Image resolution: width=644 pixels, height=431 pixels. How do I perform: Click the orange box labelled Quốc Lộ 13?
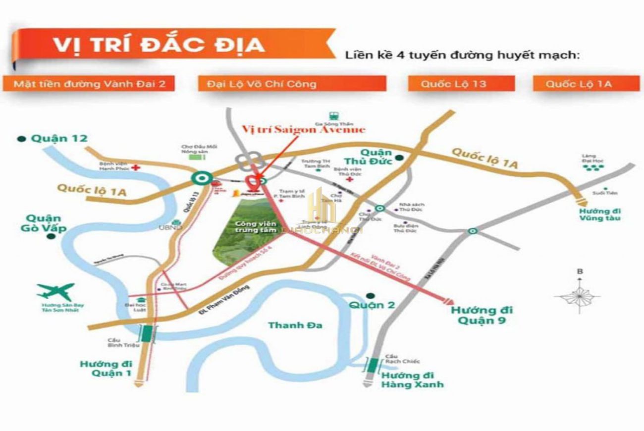click(454, 84)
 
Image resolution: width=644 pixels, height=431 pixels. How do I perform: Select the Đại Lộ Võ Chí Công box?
click(292, 84)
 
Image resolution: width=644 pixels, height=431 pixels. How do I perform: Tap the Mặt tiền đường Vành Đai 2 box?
click(89, 84)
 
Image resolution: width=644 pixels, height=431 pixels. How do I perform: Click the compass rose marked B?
click(579, 296)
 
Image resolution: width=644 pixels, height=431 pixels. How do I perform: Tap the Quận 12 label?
click(59, 139)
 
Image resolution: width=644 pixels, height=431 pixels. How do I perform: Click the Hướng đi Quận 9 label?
click(481, 315)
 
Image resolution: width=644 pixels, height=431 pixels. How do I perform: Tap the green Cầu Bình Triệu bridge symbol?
click(147, 333)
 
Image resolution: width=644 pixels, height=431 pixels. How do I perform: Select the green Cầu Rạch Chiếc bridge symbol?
click(373, 365)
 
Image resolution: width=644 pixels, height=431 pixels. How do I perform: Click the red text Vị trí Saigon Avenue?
click(303, 129)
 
